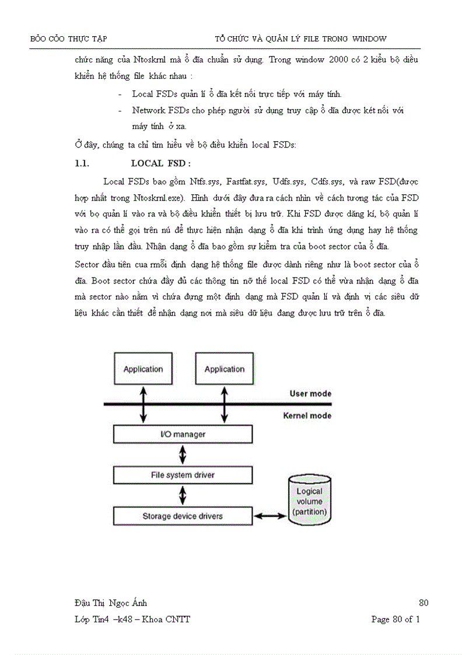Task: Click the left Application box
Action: click(143, 369)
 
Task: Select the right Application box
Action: click(225, 369)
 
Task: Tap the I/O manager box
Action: click(183, 435)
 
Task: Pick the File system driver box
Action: click(183, 475)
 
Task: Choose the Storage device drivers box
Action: click(183, 516)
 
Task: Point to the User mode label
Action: click(310, 394)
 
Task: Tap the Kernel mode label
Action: click(307, 416)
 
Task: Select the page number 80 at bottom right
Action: click(423, 603)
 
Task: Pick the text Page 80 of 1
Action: click(395, 619)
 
